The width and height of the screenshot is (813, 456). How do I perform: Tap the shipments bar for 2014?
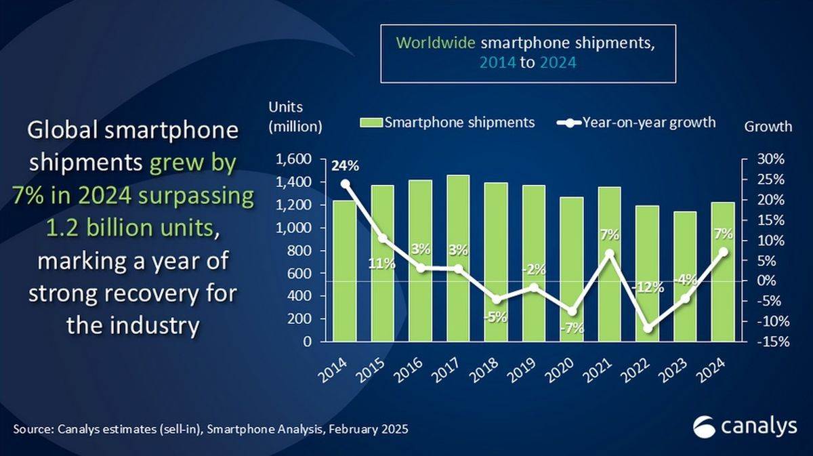click(344, 271)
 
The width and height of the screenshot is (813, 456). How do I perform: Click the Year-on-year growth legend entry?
click(637, 123)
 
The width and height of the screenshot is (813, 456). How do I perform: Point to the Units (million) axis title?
click(295, 117)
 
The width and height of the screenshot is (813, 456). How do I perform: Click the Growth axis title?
click(768, 126)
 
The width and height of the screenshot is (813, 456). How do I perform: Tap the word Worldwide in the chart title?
click(436, 43)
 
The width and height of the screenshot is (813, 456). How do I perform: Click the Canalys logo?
click(744, 427)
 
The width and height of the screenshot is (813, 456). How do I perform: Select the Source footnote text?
click(211, 430)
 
